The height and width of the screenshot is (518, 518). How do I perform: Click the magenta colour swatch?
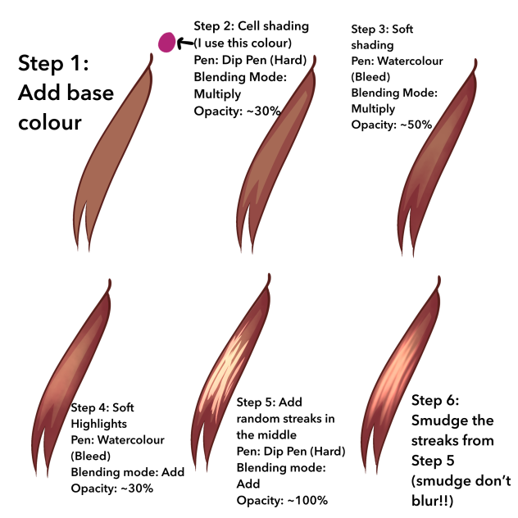click(x=166, y=43)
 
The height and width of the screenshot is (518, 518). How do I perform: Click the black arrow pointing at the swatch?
click(x=185, y=43)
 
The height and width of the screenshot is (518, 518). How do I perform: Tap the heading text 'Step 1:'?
click(x=53, y=63)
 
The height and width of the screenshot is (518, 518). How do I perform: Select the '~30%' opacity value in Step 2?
click(x=264, y=111)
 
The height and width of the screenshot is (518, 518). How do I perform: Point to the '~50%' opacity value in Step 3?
click(x=416, y=125)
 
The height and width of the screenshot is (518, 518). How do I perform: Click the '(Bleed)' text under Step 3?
click(x=370, y=77)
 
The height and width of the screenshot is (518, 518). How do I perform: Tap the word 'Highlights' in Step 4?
click(x=99, y=424)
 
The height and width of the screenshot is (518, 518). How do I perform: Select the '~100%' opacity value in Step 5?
click(x=308, y=500)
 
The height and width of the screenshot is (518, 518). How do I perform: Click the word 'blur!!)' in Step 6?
click(x=433, y=501)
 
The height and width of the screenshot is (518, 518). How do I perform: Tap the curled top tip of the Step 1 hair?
click(x=152, y=58)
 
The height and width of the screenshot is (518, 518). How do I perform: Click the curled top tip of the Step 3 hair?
click(x=475, y=63)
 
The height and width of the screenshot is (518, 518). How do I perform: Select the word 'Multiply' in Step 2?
click(x=217, y=94)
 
